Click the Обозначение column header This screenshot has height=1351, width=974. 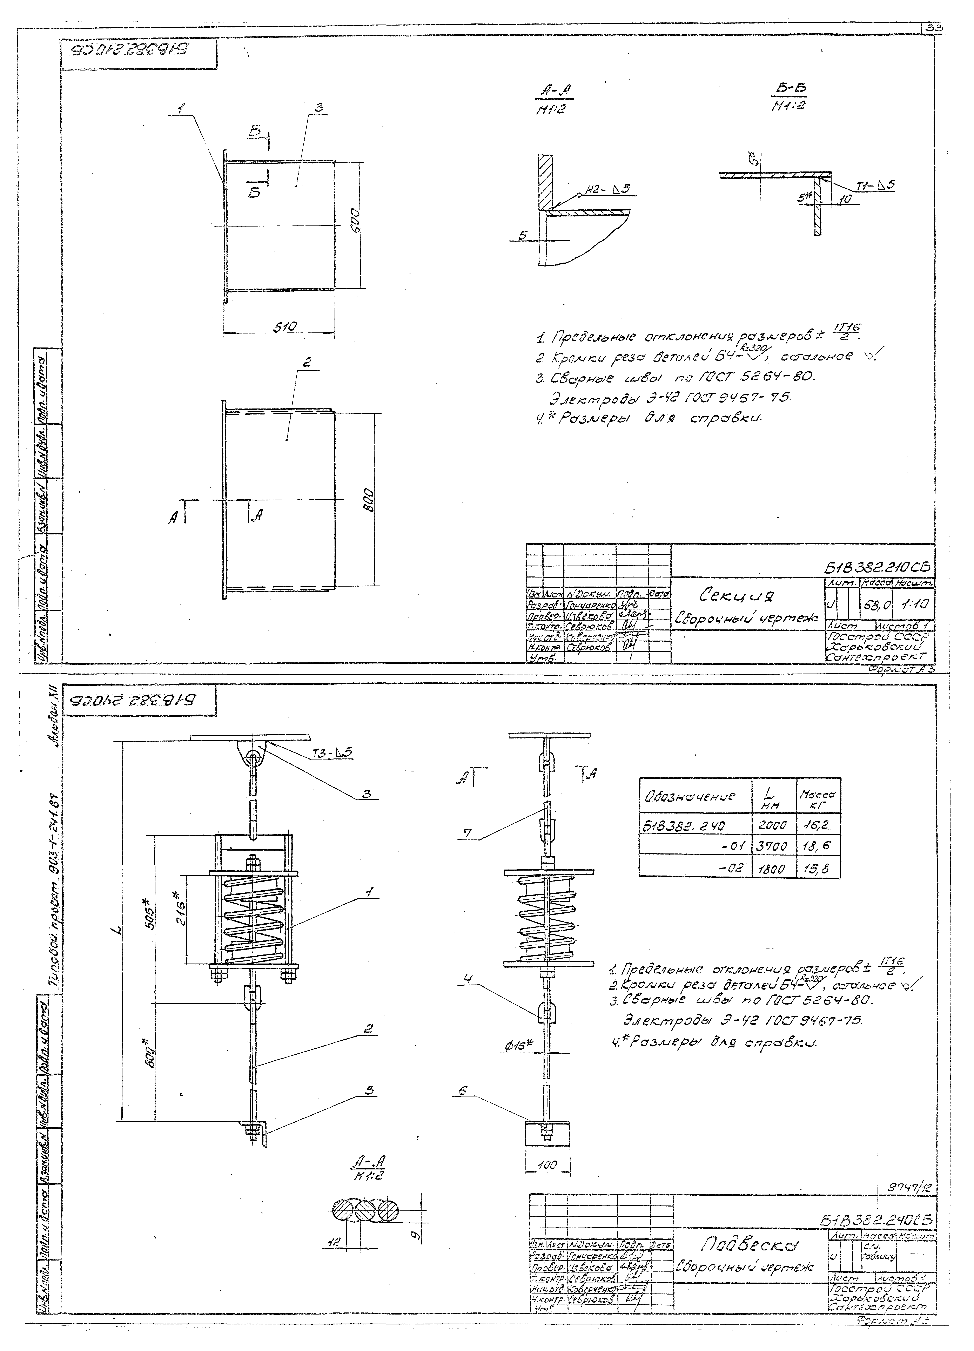[693, 796]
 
